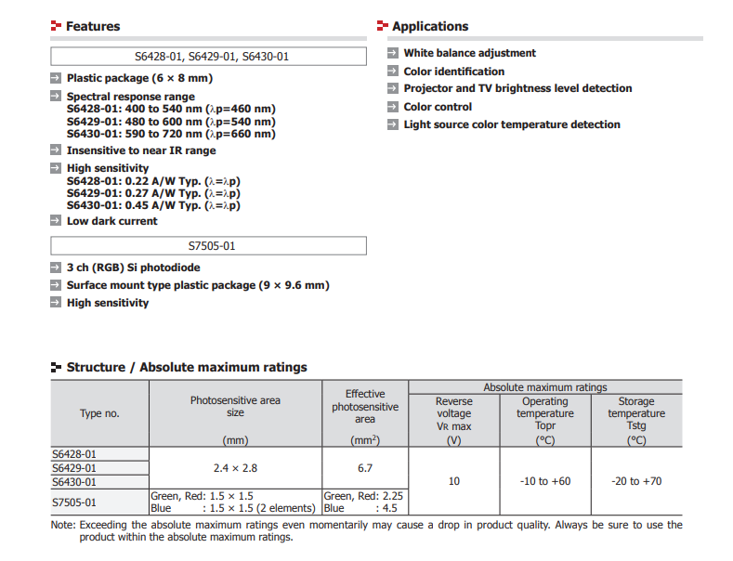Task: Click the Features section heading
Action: pos(93,26)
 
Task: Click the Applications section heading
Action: pos(430,26)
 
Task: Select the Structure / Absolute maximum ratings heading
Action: pos(186,367)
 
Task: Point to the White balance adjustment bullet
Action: pos(469,53)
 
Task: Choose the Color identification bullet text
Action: pos(453,72)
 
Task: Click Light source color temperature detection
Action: pos(511,124)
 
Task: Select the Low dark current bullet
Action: pos(111,221)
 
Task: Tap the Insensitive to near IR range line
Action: pos(140,150)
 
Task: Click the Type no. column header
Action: pos(99,413)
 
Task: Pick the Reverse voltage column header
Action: pos(454,413)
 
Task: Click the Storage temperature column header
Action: pos(636,413)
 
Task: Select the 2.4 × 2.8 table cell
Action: pos(235,468)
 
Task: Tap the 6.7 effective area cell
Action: pos(365,468)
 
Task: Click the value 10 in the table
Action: pos(454,481)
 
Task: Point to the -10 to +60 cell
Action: pos(545,481)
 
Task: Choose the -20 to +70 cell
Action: pos(636,481)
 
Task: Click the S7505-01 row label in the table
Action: pos(74,502)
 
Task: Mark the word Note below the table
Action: pos(62,525)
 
